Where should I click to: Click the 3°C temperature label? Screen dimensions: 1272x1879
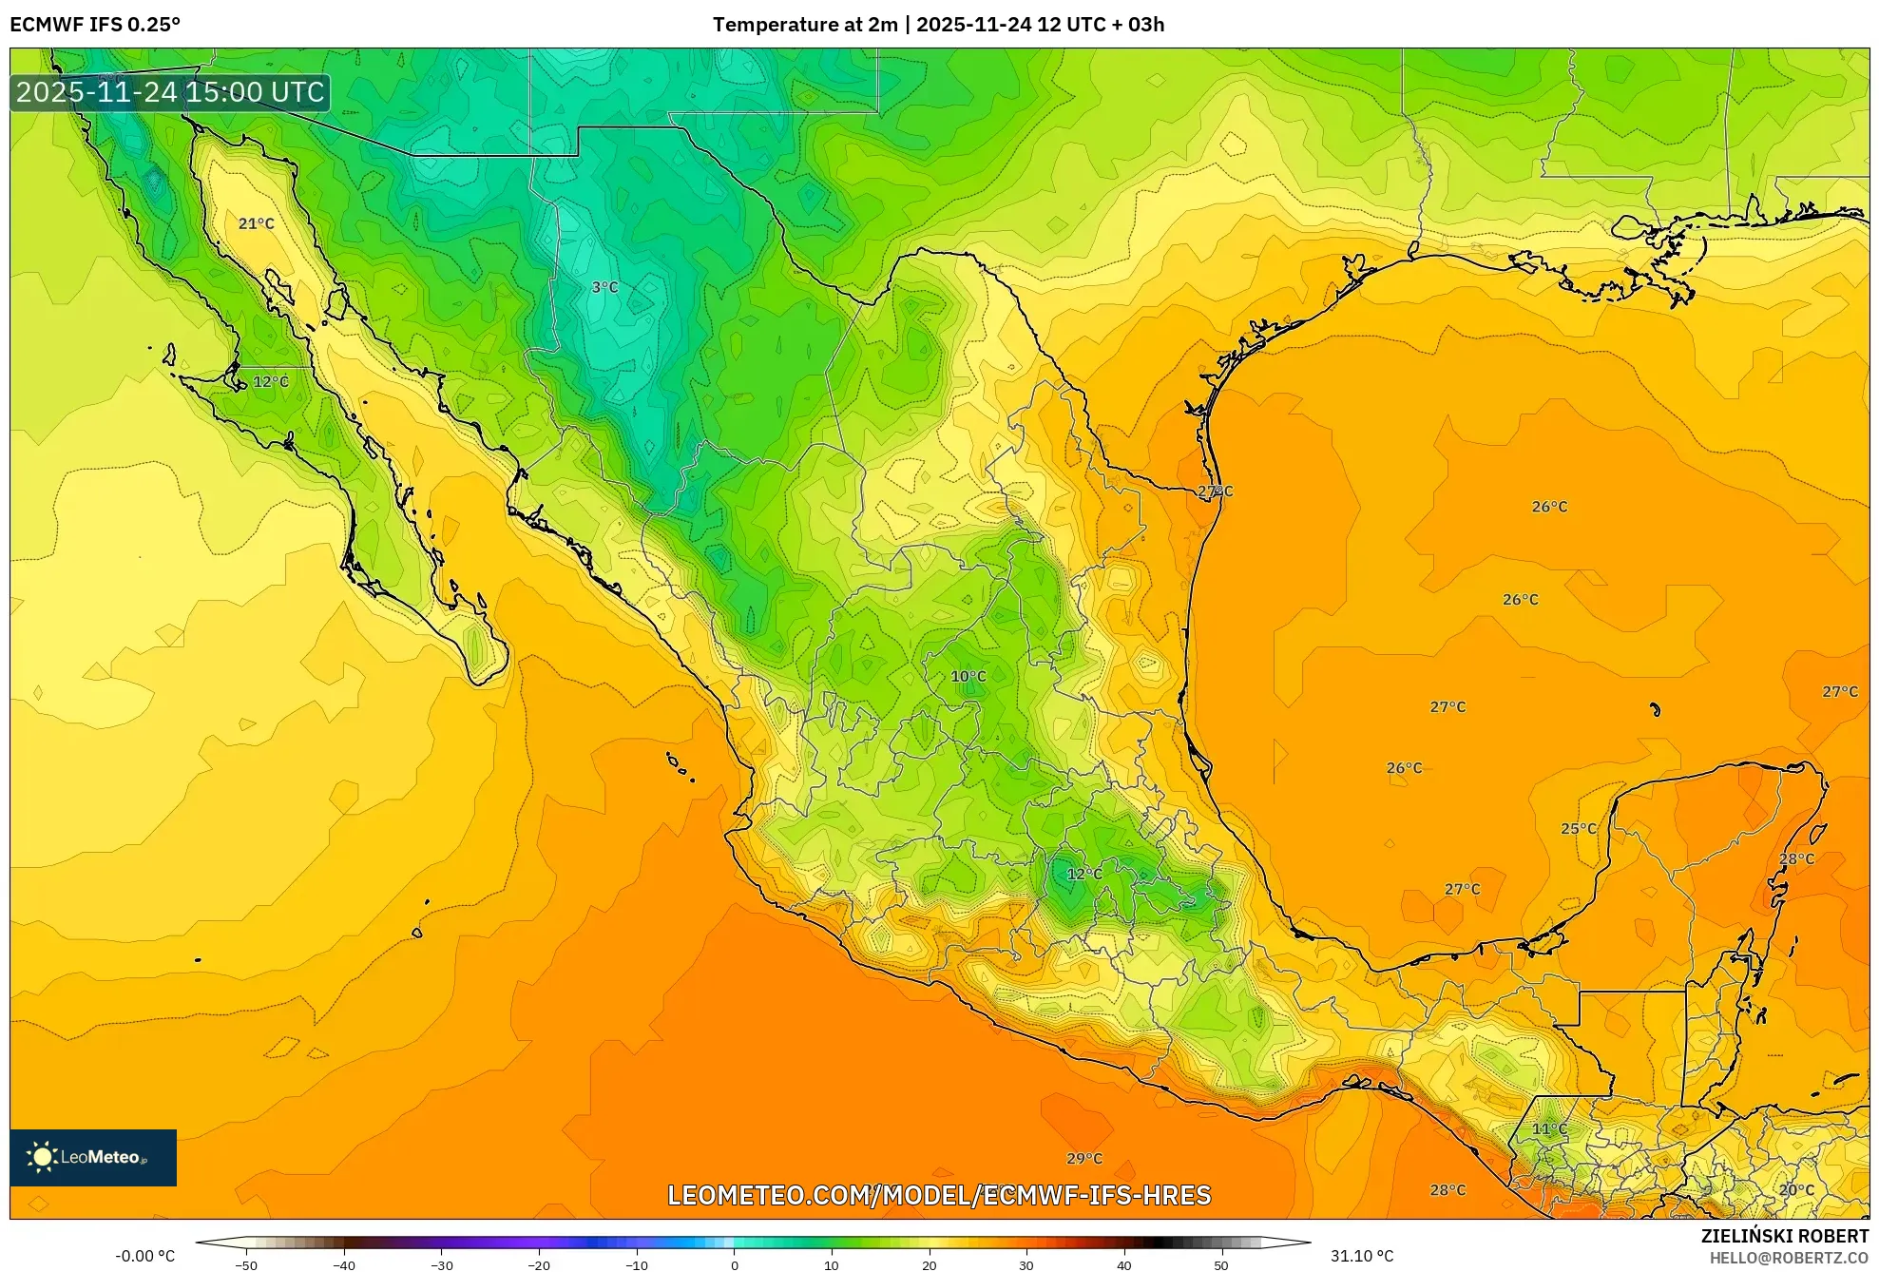(x=604, y=287)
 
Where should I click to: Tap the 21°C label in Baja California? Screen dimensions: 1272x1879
(x=256, y=224)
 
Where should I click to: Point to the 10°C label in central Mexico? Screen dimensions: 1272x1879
(x=968, y=677)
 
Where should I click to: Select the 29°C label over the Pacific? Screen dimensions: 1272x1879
(x=1083, y=1159)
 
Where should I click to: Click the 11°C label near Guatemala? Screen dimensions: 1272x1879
(x=1549, y=1129)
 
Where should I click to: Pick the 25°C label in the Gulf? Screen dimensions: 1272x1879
(x=1579, y=829)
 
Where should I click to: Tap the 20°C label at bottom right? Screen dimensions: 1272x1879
(x=1796, y=1190)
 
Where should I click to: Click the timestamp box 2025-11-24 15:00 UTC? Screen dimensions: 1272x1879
(x=170, y=92)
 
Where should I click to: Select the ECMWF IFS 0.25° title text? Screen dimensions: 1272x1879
(x=95, y=25)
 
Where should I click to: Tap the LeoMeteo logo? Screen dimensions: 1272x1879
(x=93, y=1157)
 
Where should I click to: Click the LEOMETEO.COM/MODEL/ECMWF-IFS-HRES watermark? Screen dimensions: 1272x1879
(x=939, y=1195)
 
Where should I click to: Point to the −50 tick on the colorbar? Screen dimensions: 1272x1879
(x=246, y=1265)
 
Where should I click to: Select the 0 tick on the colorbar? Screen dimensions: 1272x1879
(x=734, y=1265)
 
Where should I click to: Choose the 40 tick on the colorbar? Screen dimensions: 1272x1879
(x=1123, y=1265)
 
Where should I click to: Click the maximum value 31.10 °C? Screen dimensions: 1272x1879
(x=1361, y=1256)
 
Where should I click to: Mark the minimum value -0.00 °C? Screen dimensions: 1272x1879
(x=145, y=1256)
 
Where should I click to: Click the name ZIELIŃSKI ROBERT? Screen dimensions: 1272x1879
(x=1784, y=1236)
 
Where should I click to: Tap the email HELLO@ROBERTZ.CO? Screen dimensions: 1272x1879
(x=1789, y=1258)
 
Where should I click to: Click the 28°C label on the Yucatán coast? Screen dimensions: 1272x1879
(x=1796, y=859)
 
